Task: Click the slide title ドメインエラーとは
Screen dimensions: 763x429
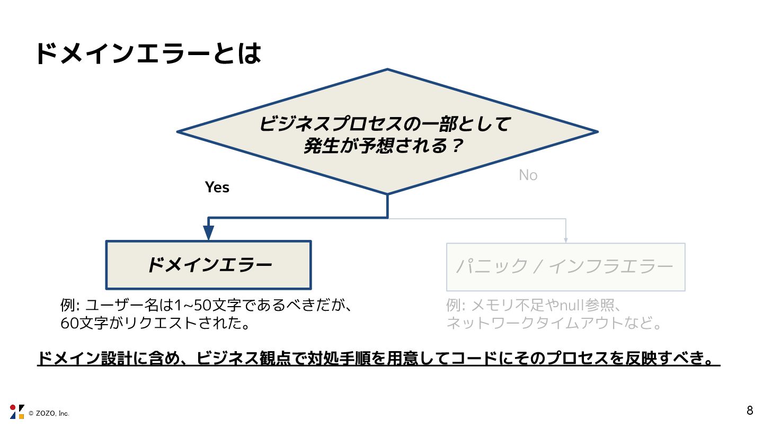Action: [148, 54]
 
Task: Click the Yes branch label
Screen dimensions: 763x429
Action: [217, 187]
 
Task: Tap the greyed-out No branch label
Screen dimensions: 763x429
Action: [528, 175]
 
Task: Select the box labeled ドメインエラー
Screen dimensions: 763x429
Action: [209, 265]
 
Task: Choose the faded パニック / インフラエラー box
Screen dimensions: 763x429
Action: [565, 267]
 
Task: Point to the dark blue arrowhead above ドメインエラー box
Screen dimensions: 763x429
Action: [208, 233]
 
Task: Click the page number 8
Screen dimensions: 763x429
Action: [750, 410]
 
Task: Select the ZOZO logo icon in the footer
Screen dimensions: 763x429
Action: [17, 412]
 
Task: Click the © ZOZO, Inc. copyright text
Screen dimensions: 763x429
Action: [49, 413]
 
